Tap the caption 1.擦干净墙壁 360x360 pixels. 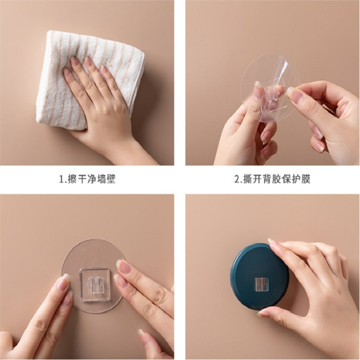pyautogui.click(x=87, y=179)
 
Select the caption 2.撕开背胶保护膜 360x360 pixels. pyautogui.click(x=272, y=179)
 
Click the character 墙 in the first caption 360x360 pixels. pyautogui.click(x=101, y=179)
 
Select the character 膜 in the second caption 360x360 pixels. pyautogui.click(x=306, y=179)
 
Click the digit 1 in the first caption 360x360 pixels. pyautogui.click(x=61, y=179)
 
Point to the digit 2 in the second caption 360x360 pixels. pyautogui.click(x=236, y=179)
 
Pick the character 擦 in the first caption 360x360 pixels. pyautogui.click(x=72, y=179)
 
